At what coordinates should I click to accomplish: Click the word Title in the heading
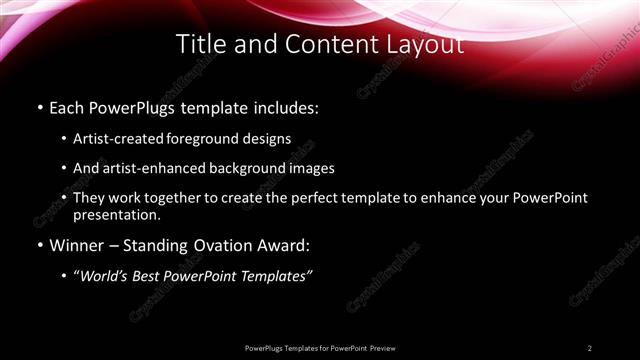coord(199,45)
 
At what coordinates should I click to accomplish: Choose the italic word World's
coord(110,277)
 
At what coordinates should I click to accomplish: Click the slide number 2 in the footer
coord(590,347)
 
